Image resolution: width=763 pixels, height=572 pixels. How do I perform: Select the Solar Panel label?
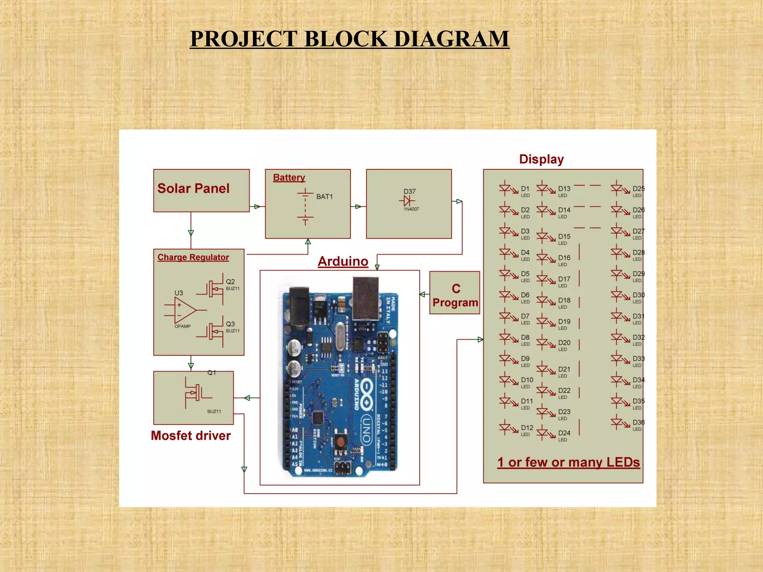[x=193, y=188]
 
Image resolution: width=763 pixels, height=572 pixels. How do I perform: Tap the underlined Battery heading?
[x=289, y=178]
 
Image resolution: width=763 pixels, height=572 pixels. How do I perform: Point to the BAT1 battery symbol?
[x=305, y=207]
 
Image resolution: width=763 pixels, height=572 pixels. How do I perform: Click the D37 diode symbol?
[x=407, y=201]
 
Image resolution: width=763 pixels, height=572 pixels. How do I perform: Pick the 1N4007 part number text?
[x=411, y=209]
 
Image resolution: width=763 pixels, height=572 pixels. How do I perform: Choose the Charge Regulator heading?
[x=193, y=257]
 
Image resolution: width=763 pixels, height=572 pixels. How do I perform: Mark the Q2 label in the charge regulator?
[x=230, y=282]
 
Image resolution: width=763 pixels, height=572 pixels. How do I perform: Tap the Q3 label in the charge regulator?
[x=230, y=324]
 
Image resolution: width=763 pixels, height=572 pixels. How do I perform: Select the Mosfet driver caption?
[x=191, y=436]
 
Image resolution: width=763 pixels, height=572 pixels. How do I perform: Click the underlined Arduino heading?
[x=343, y=261]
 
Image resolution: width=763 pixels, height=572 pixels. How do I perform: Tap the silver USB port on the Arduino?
[x=365, y=298]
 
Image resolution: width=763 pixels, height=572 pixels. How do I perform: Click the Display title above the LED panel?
[x=541, y=159]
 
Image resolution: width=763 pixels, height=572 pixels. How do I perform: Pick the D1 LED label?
[x=525, y=189]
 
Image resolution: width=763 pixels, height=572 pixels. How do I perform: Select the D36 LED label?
[x=638, y=422]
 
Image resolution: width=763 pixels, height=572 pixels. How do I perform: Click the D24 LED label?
[x=564, y=433]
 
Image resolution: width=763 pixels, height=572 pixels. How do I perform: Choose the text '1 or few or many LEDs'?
[x=569, y=463]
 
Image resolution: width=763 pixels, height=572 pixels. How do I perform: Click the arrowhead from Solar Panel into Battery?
[x=257, y=207]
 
